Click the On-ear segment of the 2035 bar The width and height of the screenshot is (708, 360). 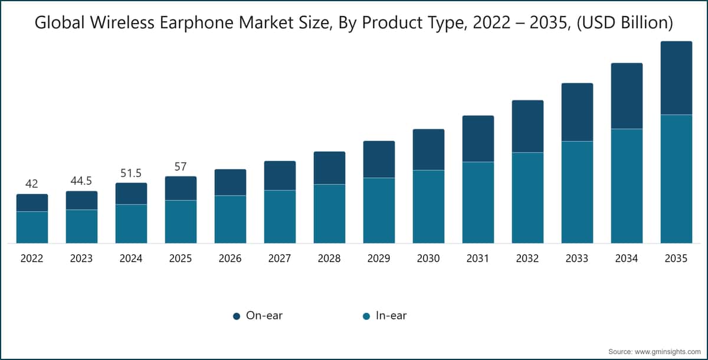(676, 78)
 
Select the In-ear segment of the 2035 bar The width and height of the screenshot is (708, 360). (676, 179)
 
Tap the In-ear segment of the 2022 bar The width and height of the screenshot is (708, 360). (32, 227)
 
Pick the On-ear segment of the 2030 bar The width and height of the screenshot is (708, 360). (428, 149)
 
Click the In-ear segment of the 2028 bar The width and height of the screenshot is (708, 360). (329, 214)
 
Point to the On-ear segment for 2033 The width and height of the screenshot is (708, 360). (577, 112)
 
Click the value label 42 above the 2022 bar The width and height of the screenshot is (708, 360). (32, 184)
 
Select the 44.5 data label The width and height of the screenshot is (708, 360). (81, 181)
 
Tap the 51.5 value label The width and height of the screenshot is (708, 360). (131, 173)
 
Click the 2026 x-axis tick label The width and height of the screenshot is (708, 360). (230, 259)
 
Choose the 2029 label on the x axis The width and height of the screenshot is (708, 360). (379, 259)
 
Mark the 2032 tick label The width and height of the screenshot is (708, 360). (527, 259)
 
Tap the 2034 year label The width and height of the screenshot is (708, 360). (627, 259)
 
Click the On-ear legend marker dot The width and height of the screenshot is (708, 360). (237, 316)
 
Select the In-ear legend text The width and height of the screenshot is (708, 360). (391, 316)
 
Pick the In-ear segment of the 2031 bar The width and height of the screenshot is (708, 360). (478, 202)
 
